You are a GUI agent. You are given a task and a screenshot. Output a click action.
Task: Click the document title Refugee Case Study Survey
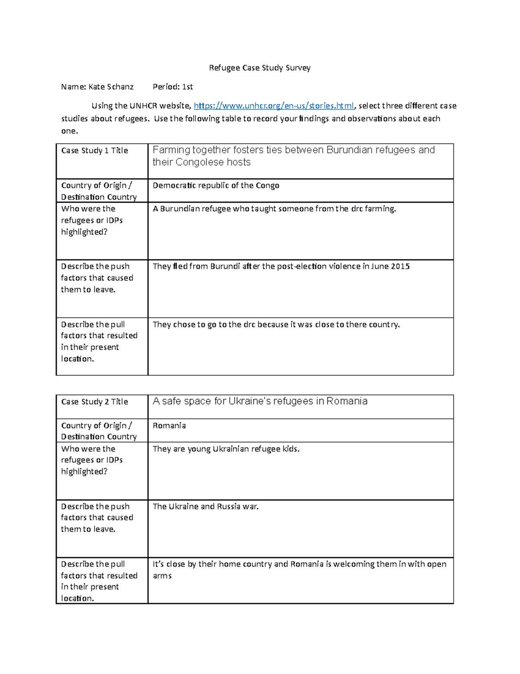click(260, 68)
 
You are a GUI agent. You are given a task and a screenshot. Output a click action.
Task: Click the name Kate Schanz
click(111, 87)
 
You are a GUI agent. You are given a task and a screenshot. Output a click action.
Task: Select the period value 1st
click(188, 87)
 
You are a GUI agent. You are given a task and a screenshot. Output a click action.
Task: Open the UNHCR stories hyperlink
click(274, 106)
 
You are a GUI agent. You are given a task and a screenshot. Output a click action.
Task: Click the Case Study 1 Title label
click(94, 151)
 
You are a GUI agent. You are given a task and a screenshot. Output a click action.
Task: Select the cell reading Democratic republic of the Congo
click(216, 186)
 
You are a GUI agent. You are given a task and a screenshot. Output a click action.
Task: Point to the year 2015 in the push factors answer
click(400, 266)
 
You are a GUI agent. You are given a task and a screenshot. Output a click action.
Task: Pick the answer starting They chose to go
click(276, 325)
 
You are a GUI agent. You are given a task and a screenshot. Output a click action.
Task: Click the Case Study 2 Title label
click(94, 402)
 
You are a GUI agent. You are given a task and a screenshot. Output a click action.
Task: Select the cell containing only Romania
click(169, 426)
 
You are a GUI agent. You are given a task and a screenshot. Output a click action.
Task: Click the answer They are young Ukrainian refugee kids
click(226, 449)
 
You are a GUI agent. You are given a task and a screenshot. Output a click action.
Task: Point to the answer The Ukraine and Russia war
click(205, 506)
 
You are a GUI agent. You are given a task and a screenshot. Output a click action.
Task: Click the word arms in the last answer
click(162, 576)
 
